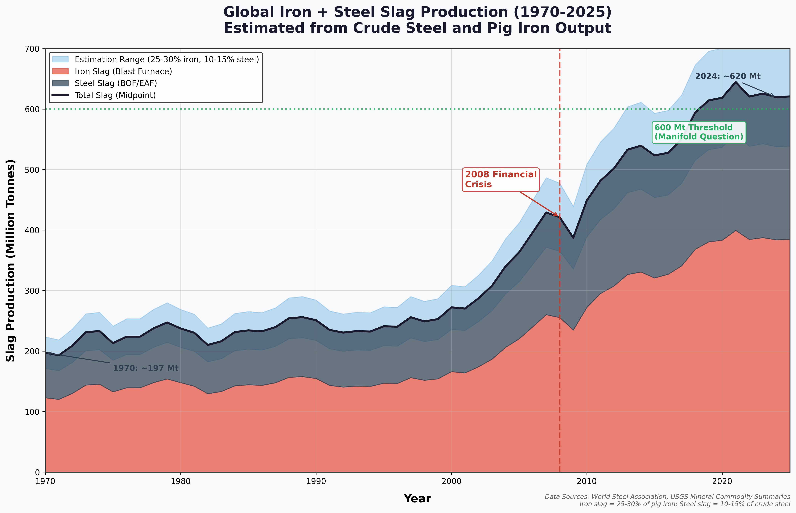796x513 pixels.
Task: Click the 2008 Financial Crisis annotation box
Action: [x=501, y=180]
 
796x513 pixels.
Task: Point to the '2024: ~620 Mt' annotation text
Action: [x=728, y=76]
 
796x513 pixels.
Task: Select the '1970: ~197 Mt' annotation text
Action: [x=146, y=368]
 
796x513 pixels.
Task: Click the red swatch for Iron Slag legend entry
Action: [x=60, y=71]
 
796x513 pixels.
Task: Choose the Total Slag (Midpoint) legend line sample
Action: [x=60, y=95]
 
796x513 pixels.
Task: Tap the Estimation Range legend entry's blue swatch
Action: [x=60, y=59]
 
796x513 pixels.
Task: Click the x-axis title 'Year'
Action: [x=417, y=499]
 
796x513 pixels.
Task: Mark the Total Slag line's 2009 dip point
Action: [x=573, y=238]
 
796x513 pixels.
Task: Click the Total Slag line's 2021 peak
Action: [x=735, y=82]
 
